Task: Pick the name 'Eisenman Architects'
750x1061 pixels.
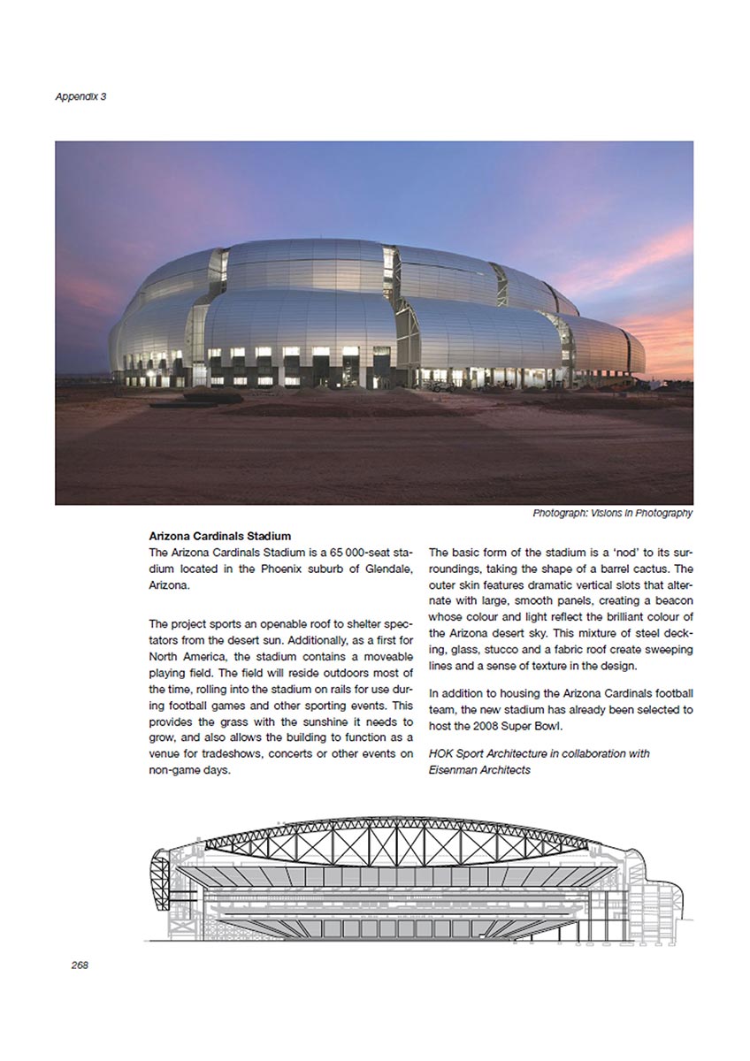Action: [x=480, y=770]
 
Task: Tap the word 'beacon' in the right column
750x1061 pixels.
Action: [x=673, y=601]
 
